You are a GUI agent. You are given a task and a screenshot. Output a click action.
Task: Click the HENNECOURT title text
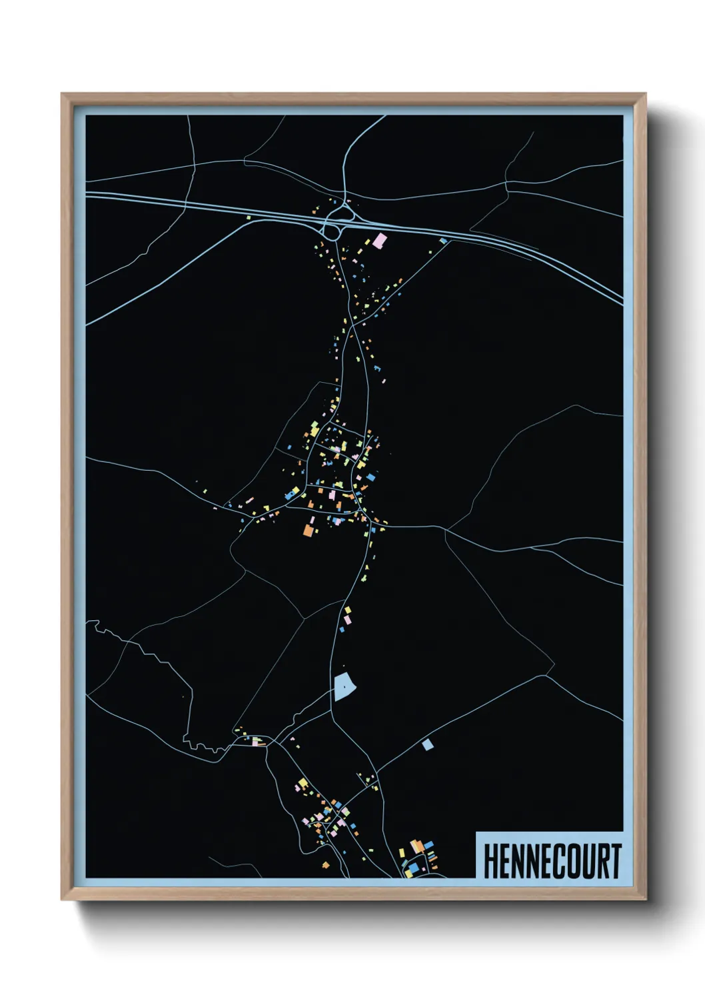click(x=552, y=861)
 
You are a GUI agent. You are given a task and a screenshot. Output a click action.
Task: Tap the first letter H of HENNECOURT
click(x=491, y=861)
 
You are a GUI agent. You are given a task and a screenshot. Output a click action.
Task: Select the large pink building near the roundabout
click(x=379, y=241)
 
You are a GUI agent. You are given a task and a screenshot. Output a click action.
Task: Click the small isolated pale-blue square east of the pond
click(x=427, y=744)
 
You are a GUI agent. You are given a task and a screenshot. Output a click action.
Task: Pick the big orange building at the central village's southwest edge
click(x=308, y=530)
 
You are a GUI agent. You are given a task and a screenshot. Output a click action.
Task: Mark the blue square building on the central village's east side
click(x=370, y=477)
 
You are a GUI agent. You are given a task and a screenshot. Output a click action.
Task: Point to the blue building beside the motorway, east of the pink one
click(x=443, y=241)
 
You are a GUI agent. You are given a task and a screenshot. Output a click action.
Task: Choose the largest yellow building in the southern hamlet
click(x=303, y=782)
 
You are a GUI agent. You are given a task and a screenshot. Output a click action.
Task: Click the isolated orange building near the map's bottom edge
click(x=326, y=866)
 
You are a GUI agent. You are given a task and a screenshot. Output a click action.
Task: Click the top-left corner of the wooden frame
click(x=62, y=94)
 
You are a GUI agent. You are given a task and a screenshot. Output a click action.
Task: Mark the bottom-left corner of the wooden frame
click(x=62, y=900)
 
